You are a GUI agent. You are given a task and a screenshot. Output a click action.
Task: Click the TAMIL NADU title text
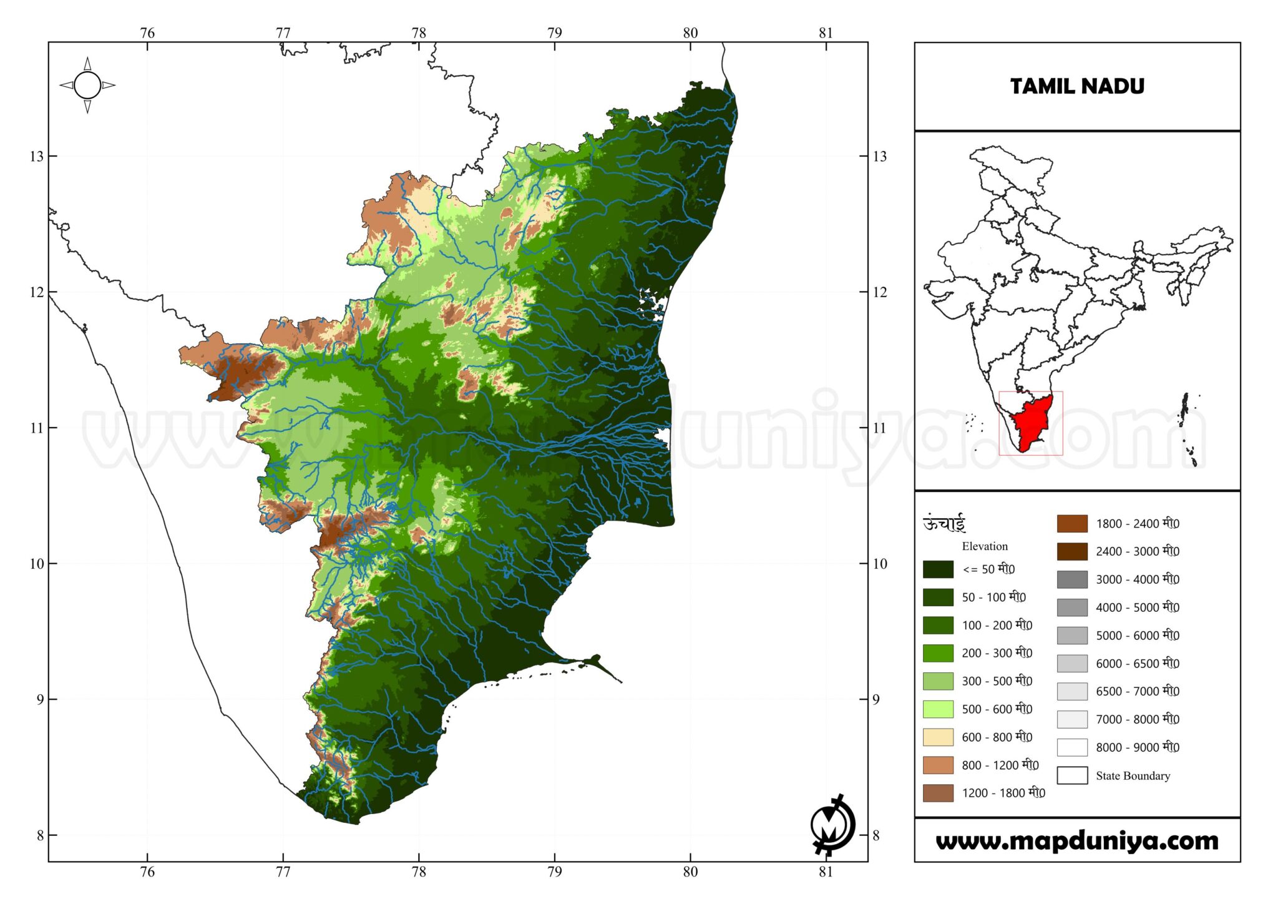pos(1077,86)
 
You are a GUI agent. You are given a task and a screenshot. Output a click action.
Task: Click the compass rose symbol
pos(87,86)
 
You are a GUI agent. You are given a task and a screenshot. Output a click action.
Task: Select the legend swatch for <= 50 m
pos(938,569)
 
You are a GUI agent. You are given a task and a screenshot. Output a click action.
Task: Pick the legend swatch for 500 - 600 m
pos(938,709)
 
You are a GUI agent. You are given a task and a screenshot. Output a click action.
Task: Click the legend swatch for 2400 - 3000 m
pos(1072,551)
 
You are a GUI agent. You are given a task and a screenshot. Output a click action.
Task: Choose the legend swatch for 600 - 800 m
pos(938,737)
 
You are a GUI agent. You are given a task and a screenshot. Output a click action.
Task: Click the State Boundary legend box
pos(1072,775)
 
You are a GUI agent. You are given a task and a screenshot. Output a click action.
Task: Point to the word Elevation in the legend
pos(985,546)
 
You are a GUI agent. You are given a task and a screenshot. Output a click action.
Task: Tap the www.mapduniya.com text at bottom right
pos(1077,841)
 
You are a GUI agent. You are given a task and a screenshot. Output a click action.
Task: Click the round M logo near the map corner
pos(832,825)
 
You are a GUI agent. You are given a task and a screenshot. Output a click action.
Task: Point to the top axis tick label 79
pos(554,33)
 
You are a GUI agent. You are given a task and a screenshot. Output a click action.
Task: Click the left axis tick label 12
pos(37,292)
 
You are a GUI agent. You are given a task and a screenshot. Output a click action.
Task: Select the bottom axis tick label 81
pos(826,872)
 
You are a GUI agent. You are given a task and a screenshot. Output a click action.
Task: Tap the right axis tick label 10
pos(879,564)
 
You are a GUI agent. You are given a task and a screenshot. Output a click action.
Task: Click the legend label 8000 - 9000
pos(1137,747)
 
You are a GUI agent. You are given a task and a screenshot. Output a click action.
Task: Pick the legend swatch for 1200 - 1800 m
pos(938,793)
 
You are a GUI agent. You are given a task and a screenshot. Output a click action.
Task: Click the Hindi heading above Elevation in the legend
pos(944,523)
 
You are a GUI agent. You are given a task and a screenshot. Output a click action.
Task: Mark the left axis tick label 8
pos(40,835)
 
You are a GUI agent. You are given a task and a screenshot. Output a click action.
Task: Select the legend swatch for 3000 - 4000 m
pos(1072,579)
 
